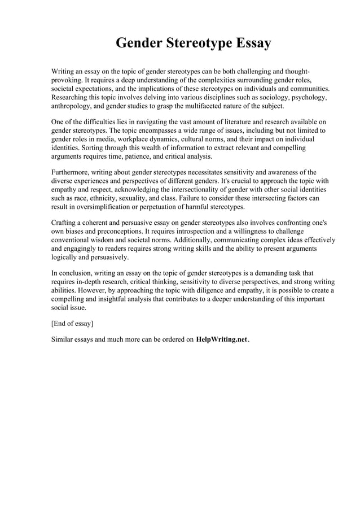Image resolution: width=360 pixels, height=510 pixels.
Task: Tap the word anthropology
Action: tap(73, 106)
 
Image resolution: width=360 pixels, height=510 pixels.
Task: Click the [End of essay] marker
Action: tap(72, 324)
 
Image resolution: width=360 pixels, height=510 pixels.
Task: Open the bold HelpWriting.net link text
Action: tap(222, 340)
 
